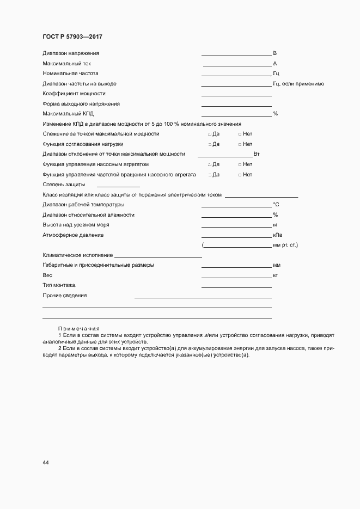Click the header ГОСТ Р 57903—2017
pyautogui.click(x=72, y=36)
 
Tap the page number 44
pyautogui.click(x=46, y=462)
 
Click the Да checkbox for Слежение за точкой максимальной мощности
pyautogui.click(x=210, y=134)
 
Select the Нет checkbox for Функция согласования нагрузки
pyautogui.click(x=240, y=144)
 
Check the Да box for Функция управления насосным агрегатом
pyautogui.click(x=210, y=164)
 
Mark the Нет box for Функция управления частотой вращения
pyautogui.click(x=240, y=175)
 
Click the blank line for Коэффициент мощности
pyautogui.click(x=236, y=95)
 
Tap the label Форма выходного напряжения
pyautogui.click(x=81, y=103)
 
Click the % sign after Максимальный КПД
pyautogui.click(x=276, y=114)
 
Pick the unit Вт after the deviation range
pyautogui.click(x=257, y=155)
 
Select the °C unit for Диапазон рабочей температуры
pyautogui.click(x=276, y=205)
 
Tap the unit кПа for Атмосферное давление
pyautogui.click(x=277, y=235)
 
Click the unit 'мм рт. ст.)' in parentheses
pyautogui.click(x=285, y=245)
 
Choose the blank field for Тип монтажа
pyautogui.click(x=236, y=286)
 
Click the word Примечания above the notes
pyautogui.click(x=78, y=328)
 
